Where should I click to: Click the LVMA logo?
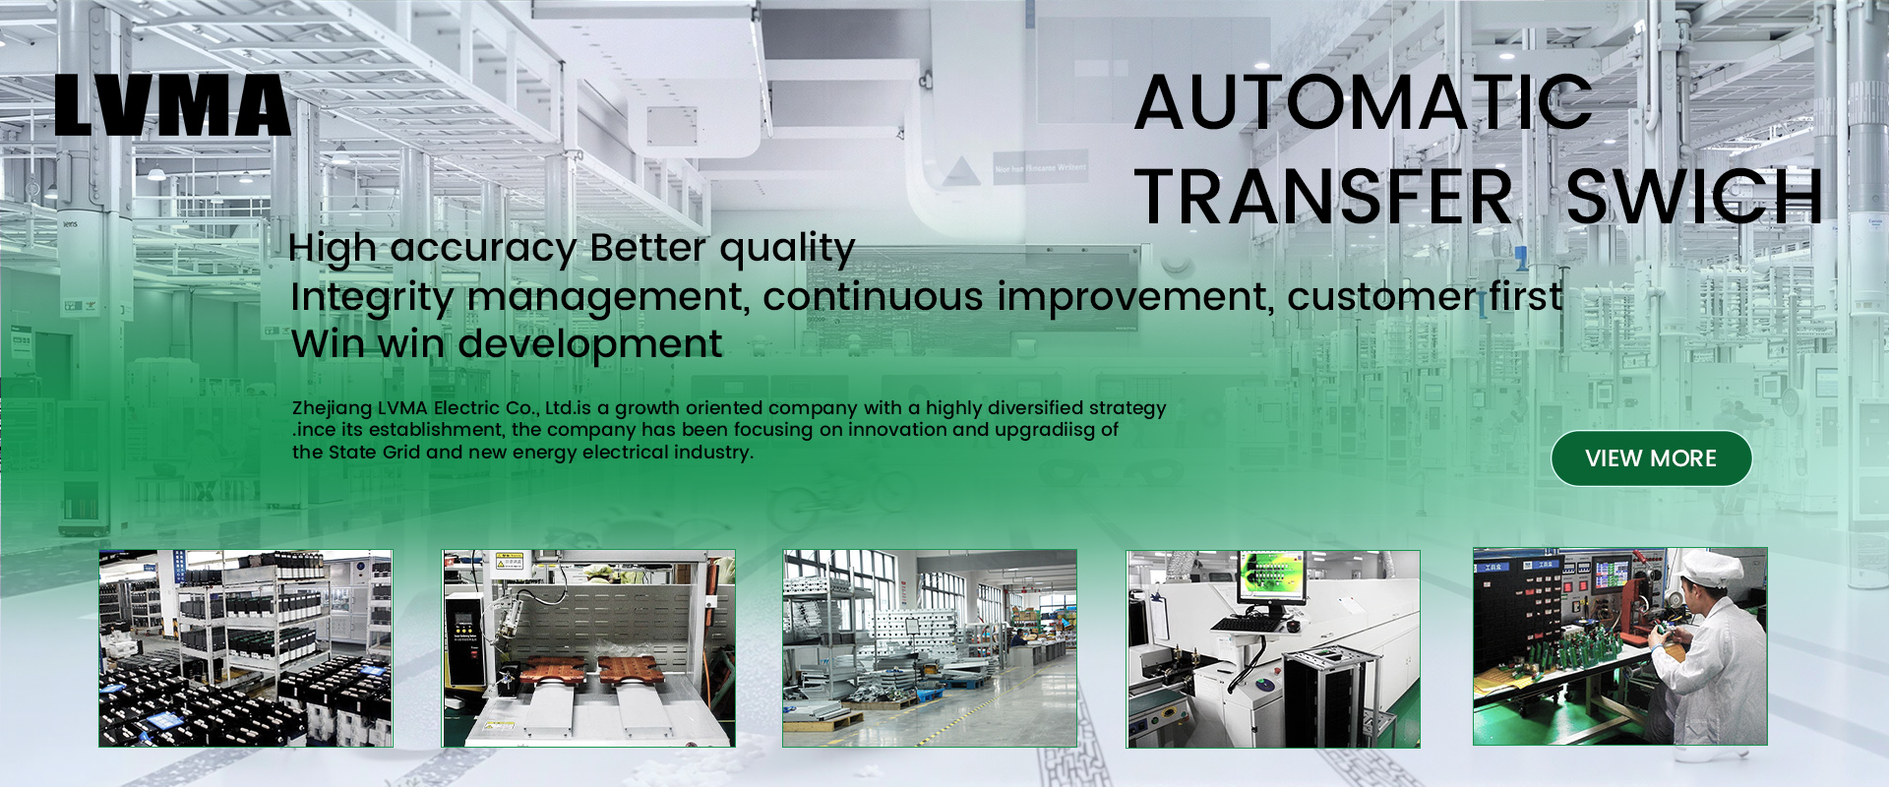[x=172, y=105]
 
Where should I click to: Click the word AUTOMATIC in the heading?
[x=1363, y=103]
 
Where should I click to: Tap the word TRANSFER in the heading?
[x=1323, y=197]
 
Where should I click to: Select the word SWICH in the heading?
[x=1694, y=197]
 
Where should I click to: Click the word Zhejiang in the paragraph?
[x=332, y=408]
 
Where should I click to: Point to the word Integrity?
[x=372, y=297]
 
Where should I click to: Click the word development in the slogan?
[x=589, y=344]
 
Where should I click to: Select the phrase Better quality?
[x=722, y=248]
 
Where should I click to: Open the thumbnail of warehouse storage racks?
[x=245, y=648]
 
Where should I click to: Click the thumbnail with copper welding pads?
[x=588, y=648]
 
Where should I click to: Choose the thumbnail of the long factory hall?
[x=929, y=648]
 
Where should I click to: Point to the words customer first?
[x=1425, y=297]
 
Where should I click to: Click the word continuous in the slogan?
[x=873, y=297]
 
